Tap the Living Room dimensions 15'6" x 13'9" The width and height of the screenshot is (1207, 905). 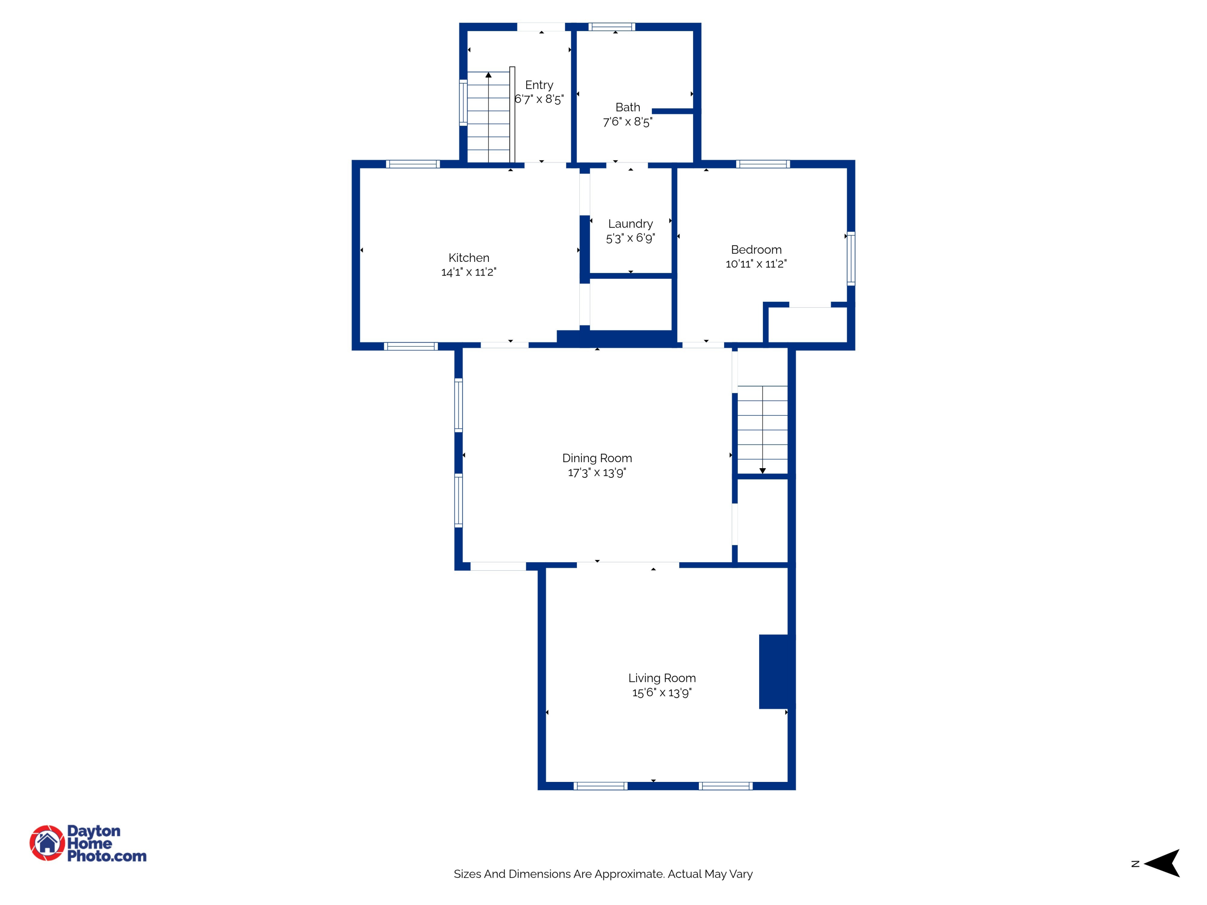(x=662, y=693)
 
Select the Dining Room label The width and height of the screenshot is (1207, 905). (x=597, y=458)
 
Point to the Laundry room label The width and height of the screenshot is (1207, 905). (x=630, y=224)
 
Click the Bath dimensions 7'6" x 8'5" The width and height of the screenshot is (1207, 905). (x=628, y=121)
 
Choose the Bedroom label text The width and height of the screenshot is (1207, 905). (x=756, y=249)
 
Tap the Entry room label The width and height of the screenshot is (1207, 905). (x=539, y=85)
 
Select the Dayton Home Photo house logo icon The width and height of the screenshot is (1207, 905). (x=47, y=843)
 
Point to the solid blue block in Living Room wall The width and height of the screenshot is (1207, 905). (x=775, y=672)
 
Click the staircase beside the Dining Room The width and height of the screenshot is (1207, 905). (x=762, y=430)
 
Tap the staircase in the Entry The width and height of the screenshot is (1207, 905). (x=488, y=117)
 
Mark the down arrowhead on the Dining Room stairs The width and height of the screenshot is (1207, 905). (x=762, y=470)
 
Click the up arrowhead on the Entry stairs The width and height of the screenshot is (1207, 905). (x=488, y=75)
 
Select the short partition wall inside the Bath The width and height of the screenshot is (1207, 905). (x=673, y=111)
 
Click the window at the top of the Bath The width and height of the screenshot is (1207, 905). (x=612, y=27)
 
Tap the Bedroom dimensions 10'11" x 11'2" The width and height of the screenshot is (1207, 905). (x=756, y=264)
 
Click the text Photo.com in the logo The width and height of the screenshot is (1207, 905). (x=107, y=856)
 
